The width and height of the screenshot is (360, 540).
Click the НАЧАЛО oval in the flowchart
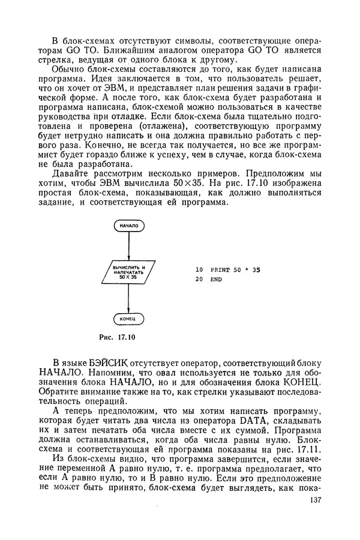128,226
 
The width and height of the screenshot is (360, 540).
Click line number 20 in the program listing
199,280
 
